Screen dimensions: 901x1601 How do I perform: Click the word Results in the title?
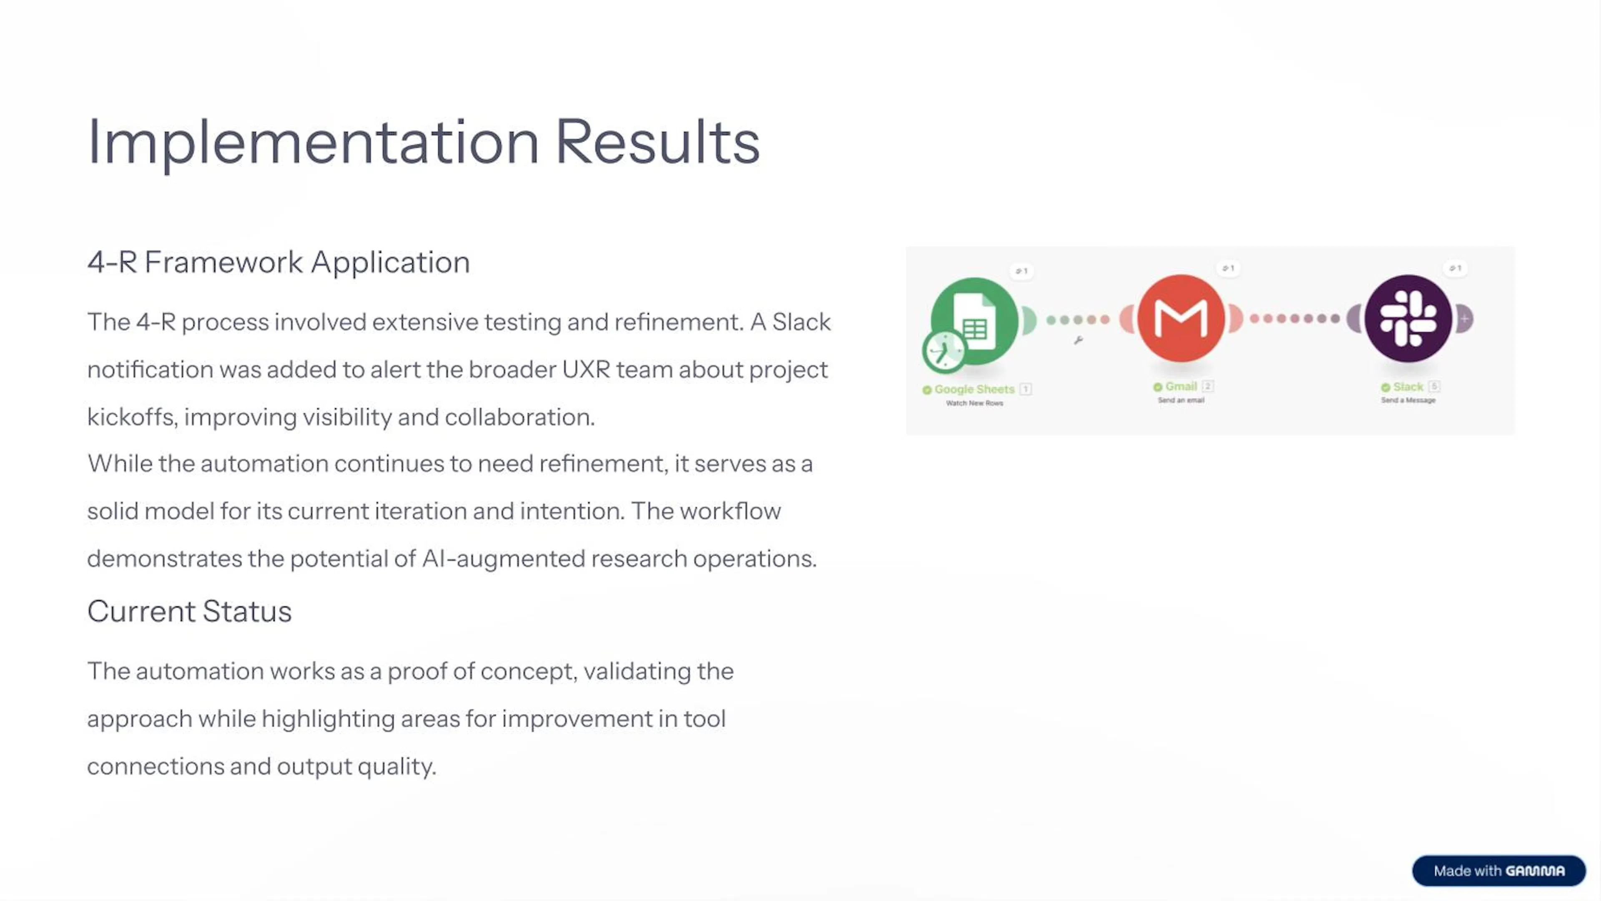[x=657, y=143]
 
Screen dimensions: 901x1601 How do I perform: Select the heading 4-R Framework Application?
[x=279, y=262]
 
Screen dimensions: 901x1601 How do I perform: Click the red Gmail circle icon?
[x=1181, y=318]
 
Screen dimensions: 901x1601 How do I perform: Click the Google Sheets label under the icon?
[x=974, y=389]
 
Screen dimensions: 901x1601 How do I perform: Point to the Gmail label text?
[x=1180, y=386]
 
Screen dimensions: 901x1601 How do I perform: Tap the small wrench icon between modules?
[x=1078, y=340]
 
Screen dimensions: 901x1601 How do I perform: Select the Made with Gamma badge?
[x=1498, y=871]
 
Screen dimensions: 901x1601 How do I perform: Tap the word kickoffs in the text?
[x=130, y=417]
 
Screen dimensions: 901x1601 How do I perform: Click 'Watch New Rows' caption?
[x=974, y=403]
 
